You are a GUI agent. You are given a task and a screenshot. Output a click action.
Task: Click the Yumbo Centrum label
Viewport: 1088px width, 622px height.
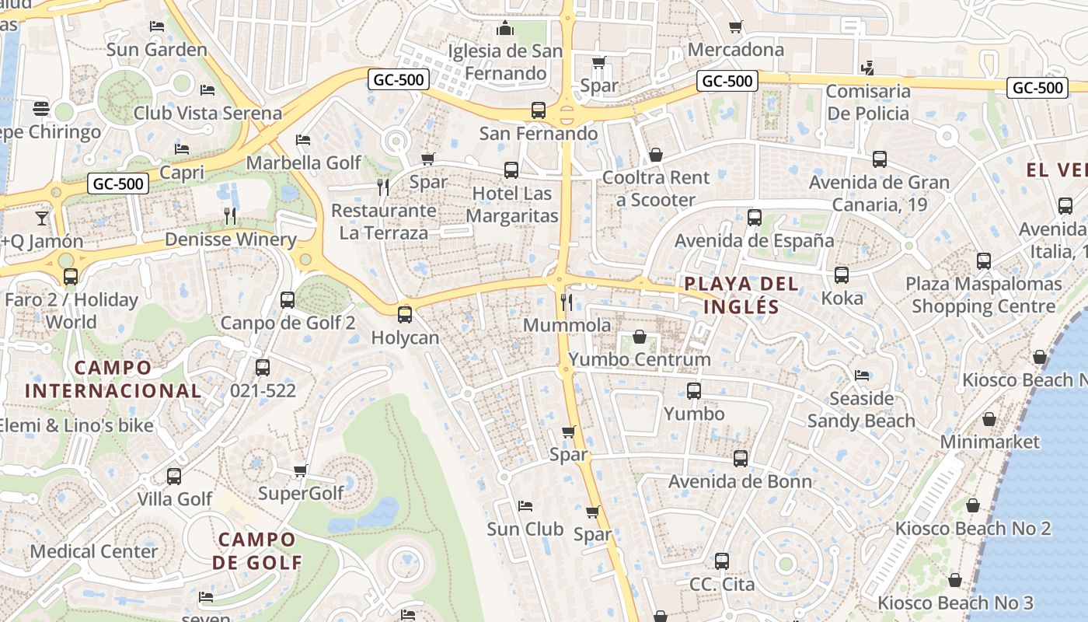point(640,359)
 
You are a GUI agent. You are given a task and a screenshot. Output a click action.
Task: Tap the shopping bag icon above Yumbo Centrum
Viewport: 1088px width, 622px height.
point(639,337)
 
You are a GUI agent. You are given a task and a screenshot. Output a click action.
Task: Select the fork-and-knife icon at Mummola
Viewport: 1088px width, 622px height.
point(567,302)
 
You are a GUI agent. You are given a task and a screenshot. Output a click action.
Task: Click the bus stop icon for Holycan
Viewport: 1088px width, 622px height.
point(405,315)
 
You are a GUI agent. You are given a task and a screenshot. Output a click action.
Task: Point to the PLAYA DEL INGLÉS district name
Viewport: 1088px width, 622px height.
point(741,295)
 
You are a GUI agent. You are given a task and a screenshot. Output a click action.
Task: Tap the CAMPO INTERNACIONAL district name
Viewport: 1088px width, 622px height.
point(113,379)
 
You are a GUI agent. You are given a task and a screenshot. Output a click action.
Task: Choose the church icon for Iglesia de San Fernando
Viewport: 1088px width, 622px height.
point(506,29)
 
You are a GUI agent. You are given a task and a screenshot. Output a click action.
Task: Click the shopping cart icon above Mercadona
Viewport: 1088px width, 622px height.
point(735,27)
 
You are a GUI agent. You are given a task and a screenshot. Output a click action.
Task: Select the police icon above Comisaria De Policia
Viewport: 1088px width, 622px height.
point(867,68)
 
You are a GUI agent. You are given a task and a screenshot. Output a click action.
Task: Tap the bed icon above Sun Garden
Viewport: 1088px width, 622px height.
point(157,26)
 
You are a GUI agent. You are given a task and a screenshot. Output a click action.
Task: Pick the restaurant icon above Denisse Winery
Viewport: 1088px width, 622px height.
point(230,215)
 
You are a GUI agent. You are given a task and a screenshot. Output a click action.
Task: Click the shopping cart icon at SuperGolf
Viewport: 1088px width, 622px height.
point(301,470)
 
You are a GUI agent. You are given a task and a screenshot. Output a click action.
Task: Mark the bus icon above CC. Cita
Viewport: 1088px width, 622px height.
point(722,561)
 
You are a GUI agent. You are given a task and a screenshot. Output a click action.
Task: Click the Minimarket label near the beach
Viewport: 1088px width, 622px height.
point(989,442)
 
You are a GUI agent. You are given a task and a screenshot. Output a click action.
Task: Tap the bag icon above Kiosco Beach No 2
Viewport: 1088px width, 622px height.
point(972,505)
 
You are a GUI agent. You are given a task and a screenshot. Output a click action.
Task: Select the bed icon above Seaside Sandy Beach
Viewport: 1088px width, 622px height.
point(862,376)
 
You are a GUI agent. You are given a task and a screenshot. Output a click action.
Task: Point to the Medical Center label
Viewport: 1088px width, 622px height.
point(94,551)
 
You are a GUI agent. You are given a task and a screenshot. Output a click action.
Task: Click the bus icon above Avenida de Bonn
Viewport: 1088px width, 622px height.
point(741,459)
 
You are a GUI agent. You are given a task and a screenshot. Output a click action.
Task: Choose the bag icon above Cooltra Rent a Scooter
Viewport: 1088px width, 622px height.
point(656,155)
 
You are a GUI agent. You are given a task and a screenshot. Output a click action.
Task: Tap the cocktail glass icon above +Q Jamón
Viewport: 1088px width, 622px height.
point(41,218)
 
